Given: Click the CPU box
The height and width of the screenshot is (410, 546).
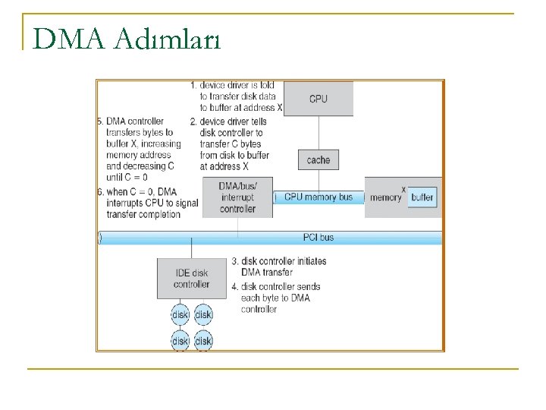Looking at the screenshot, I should (x=318, y=99).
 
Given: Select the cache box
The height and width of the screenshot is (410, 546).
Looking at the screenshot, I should (x=318, y=160).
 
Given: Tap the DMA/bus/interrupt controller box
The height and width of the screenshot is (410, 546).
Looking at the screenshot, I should (x=237, y=197).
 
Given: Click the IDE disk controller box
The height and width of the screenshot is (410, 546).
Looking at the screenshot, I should (x=191, y=279).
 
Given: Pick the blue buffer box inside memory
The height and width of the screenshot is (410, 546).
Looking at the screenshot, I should (x=422, y=197).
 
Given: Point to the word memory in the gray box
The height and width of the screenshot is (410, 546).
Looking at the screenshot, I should (x=386, y=197).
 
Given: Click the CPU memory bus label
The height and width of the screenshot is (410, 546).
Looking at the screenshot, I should (x=318, y=197).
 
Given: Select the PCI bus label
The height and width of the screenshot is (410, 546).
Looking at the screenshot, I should (x=318, y=238).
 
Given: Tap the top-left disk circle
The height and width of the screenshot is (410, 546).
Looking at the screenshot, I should (x=180, y=314).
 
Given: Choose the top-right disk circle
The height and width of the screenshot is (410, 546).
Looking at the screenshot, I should (x=203, y=314).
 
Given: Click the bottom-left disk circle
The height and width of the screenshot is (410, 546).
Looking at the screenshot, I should (x=180, y=341).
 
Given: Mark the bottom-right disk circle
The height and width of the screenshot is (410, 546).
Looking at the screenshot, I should (x=203, y=341).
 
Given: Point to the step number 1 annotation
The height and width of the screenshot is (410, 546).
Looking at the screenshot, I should (x=193, y=85).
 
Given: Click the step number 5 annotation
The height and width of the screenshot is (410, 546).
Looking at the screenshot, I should (x=101, y=121).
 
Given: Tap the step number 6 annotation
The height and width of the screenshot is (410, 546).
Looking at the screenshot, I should (x=101, y=191).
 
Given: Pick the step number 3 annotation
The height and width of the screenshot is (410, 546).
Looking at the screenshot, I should (x=235, y=261).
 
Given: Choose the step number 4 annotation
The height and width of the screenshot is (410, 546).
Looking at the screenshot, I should (x=235, y=286).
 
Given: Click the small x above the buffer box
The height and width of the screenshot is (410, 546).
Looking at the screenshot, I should (x=403, y=188).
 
